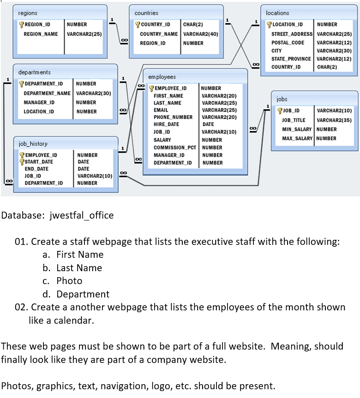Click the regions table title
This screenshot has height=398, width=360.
(x=28, y=13)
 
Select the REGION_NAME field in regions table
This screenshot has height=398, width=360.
(x=41, y=34)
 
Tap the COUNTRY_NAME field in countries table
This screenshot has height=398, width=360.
(x=159, y=34)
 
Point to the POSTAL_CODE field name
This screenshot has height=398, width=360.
(x=288, y=42)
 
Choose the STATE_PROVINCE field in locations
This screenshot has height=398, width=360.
(x=291, y=59)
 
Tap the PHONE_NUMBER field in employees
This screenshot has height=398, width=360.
(x=173, y=117)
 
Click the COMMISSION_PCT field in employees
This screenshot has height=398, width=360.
(x=175, y=148)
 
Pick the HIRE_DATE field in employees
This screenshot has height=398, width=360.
(x=166, y=125)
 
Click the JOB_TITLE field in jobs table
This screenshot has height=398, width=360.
(x=294, y=120)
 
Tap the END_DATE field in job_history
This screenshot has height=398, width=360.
(x=36, y=169)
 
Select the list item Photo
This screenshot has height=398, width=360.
(x=69, y=281)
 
